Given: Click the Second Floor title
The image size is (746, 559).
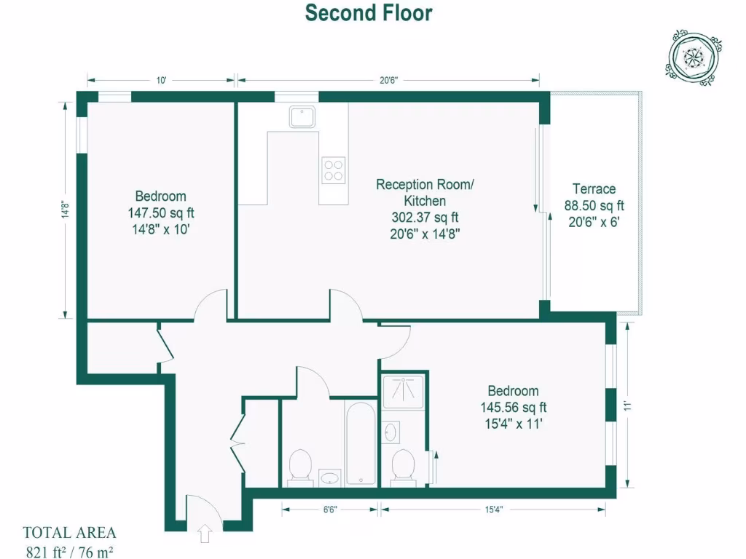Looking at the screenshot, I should pos(368,13).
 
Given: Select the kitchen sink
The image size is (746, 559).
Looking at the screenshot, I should pos(300,116).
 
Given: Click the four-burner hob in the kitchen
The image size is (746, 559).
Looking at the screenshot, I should pos(334,170).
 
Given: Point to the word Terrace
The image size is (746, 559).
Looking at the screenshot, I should pos(594,189).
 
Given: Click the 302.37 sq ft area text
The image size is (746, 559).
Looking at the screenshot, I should pos(424,217).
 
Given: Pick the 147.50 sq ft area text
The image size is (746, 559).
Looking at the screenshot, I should pos(160,213).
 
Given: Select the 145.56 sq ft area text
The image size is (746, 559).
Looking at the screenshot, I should pos(513,408).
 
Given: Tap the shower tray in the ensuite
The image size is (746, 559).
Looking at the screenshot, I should pos(403,390).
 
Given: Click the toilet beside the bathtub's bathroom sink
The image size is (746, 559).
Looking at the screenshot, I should pos(299,466).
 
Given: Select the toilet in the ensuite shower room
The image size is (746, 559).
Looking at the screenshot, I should pos(402,467).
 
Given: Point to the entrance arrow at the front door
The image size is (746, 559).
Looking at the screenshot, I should pos(204,534).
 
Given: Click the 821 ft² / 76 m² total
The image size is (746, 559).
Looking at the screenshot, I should pos(69,550).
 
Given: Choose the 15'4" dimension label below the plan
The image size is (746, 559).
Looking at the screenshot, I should pos(492,510).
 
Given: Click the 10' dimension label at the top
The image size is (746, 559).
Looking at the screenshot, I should pos(161,80).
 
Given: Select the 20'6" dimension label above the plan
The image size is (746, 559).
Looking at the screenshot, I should pos(388,80).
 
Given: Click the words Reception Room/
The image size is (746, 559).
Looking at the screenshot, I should pos(424,185).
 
